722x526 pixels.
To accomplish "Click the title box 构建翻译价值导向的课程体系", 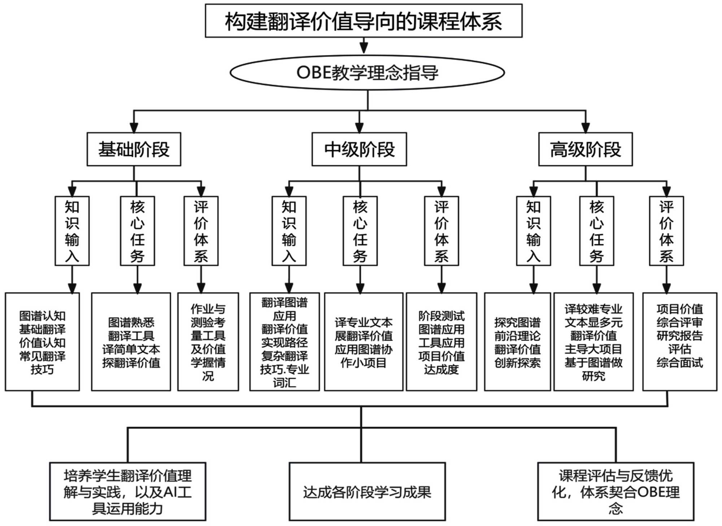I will click(364, 21).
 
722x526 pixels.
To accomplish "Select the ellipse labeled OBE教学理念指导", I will click(367, 73).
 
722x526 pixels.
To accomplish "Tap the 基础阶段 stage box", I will click(134, 149).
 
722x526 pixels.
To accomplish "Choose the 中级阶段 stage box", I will click(359, 149).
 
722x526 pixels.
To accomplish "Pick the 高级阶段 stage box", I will click(585, 149).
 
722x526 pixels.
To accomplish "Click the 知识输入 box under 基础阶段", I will click(72, 231).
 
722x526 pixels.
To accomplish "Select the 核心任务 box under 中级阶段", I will click(360, 231).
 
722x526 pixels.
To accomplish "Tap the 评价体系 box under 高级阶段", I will click(666, 231).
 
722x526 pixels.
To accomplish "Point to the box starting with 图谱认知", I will click(42, 342).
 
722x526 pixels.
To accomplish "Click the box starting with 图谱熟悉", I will click(131, 342).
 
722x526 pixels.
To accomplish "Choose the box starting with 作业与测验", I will click(208, 342).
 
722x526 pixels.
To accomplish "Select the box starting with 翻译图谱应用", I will click(284, 342).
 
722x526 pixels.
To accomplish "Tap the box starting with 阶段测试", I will click(441, 342).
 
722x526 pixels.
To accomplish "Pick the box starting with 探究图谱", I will click(517, 342).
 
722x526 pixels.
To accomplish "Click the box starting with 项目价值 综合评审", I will click(679, 342).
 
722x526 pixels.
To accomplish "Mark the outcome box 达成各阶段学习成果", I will click(367, 491).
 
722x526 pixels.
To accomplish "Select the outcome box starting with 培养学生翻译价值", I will click(128, 491).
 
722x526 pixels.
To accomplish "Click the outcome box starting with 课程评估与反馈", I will click(616, 491).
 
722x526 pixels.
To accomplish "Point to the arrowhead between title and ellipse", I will click(364, 48).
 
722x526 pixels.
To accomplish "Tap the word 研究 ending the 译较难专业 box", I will click(593, 376).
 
